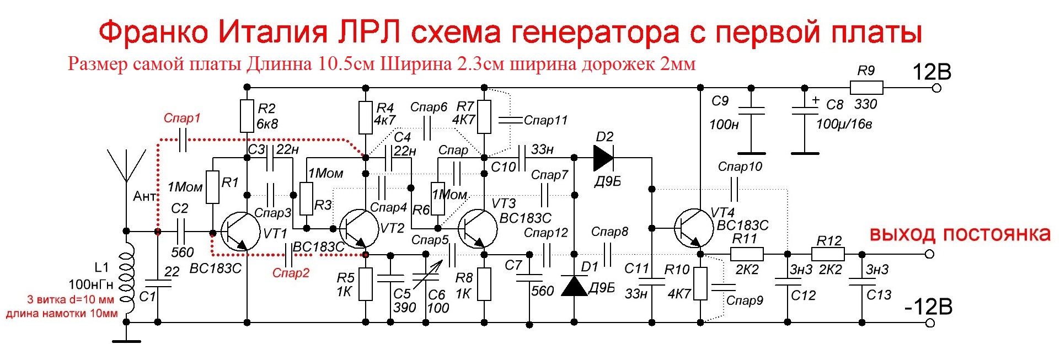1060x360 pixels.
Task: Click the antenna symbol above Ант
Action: pos(126,165)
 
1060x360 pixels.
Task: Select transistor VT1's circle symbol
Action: pos(240,232)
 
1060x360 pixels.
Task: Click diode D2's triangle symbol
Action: pos(603,158)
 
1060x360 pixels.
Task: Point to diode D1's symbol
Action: pos(574,286)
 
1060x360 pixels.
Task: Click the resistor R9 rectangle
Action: pos(866,88)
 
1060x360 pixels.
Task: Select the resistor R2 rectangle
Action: pos(247,116)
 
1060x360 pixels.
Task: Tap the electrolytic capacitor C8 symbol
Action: pos(805,111)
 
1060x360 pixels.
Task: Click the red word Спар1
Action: pos(182,118)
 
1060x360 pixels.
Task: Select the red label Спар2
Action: pos(291,273)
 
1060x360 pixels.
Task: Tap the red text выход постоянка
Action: pos(960,234)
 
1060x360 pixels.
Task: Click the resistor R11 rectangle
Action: pos(747,254)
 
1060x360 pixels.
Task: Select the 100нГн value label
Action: pos(91,284)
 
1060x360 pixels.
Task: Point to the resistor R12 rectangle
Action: pos(828,254)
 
